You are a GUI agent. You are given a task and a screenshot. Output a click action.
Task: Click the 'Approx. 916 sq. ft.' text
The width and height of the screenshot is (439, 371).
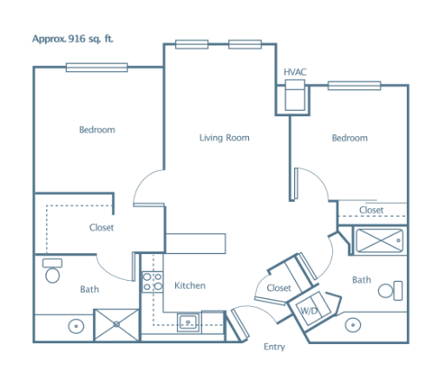coord(72,39)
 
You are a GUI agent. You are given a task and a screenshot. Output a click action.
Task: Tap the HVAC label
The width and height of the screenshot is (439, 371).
coord(295,72)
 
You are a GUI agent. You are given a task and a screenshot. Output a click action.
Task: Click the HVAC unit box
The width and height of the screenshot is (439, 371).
coord(295,95)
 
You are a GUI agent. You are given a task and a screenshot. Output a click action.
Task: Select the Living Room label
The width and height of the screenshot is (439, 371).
coord(224,138)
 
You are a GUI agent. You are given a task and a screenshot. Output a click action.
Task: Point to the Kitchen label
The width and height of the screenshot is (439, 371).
coord(190,285)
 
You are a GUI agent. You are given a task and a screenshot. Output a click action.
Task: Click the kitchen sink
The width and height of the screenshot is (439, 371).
coord(188,322)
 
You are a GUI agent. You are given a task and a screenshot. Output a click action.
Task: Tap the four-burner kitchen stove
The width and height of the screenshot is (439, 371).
coord(153,282)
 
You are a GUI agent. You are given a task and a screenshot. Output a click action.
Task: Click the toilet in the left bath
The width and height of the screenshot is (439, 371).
coord(52,270)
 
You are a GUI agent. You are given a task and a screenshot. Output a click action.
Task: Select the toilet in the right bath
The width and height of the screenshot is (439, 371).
coord(390,290)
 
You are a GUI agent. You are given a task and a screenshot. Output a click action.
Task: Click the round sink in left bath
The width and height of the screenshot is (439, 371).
coord(76,326)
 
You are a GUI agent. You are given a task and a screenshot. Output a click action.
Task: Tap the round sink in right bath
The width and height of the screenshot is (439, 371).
coord(353,325)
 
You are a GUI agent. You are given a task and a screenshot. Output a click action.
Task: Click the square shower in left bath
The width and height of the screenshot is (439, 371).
coord(116,325)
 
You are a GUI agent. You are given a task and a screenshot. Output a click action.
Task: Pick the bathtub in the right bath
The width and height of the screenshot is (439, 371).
coord(379,240)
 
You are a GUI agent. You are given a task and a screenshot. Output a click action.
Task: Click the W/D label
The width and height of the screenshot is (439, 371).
coord(309,311)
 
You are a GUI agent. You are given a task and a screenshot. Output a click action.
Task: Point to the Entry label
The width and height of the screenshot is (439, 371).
coord(274,347)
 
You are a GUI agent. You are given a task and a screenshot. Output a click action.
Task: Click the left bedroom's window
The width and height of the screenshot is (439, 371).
coord(96,68)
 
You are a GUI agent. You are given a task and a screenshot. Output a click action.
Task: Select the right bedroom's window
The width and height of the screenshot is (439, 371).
coord(354,86)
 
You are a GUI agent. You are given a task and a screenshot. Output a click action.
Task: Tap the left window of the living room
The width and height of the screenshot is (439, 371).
coord(192,44)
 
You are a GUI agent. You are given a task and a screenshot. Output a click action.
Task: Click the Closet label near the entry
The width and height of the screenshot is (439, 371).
coord(278,288)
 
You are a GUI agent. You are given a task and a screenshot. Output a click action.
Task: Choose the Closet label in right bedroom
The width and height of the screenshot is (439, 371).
coord(371,210)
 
